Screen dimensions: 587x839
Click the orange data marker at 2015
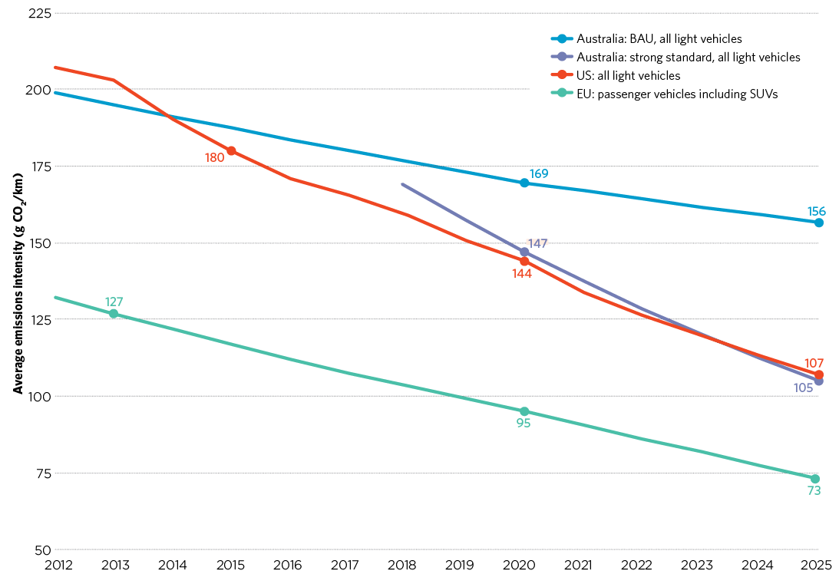click(231, 151)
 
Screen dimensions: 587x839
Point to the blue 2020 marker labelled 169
click(524, 183)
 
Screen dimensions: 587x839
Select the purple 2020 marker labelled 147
click(524, 252)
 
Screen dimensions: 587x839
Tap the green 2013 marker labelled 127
click(114, 314)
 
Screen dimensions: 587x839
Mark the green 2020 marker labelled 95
click(524, 412)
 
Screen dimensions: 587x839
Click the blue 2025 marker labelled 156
click(818, 223)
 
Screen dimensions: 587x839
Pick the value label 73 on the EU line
click(814, 491)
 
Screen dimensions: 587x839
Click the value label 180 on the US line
click(214, 157)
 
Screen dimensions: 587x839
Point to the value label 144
click(522, 273)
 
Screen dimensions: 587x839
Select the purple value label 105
click(803, 388)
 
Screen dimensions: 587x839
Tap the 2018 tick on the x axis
click(402, 566)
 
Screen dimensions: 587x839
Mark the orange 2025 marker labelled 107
click(818, 374)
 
